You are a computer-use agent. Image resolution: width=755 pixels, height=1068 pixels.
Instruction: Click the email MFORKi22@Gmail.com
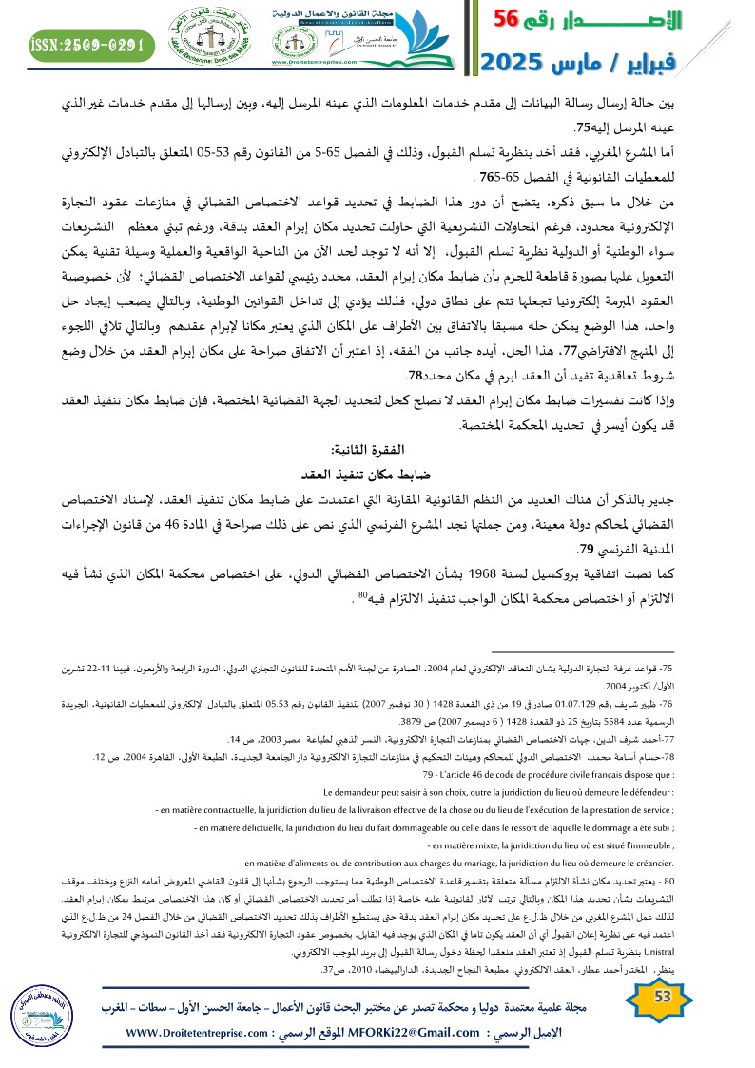pos(416,1033)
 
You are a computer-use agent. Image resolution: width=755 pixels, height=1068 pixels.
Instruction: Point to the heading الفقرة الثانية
pos(358,447)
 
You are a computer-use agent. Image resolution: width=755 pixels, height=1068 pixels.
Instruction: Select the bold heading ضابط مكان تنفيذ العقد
pos(358,473)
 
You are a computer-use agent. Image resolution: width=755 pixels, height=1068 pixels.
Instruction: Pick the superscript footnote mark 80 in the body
pos(363,597)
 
